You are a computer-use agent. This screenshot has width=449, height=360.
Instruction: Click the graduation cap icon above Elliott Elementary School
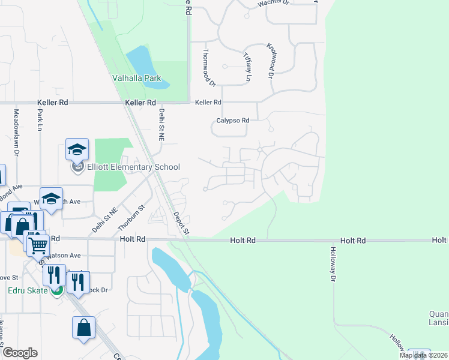(x=77, y=149)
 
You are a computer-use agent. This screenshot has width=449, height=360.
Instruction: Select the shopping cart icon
(x=38, y=243)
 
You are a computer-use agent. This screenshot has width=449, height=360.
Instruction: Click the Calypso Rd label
(x=232, y=121)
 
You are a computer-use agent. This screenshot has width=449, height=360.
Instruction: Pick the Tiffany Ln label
(x=247, y=66)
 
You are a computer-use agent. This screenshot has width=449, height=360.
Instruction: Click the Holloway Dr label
(x=333, y=265)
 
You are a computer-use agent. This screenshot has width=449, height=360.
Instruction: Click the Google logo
(x=19, y=353)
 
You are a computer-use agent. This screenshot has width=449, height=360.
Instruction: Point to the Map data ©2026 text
(x=423, y=355)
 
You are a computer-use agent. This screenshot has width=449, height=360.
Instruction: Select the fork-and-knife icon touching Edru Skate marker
(x=55, y=275)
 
